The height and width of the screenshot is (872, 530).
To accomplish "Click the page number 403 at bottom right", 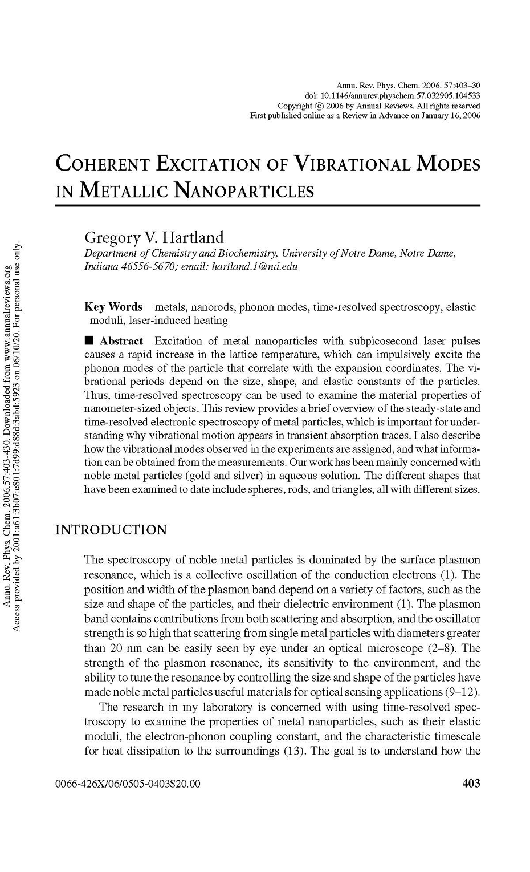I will (x=471, y=784).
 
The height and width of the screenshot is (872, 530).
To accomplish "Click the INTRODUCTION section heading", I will (x=111, y=530).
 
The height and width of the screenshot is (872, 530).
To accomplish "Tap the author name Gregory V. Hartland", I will (x=154, y=237).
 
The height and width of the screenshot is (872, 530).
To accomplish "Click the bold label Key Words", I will (x=113, y=307).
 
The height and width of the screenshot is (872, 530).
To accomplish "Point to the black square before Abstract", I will (x=89, y=341).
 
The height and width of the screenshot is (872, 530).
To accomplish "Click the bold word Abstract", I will (x=121, y=341).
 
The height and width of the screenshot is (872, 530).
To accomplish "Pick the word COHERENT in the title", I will (x=102, y=164).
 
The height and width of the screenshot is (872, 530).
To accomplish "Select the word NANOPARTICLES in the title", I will (x=243, y=190).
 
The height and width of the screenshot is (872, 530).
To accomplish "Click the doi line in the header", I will (x=393, y=96).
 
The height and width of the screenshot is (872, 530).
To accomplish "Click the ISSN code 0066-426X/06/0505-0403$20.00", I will (x=128, y=784).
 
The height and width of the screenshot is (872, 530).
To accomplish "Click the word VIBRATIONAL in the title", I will (x=352, y=164).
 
